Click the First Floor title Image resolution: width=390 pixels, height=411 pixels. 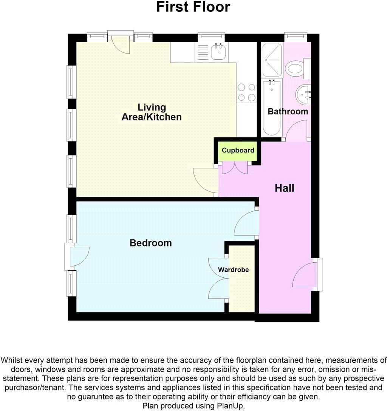point(193,7)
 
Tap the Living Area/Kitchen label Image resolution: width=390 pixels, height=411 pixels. point(152,112)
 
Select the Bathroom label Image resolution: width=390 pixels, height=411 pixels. point(288,111)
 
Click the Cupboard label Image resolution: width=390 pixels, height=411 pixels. point(238,150)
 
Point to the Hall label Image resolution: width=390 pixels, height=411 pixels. point(284,188)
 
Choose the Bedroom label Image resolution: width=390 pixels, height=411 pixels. point(150,243)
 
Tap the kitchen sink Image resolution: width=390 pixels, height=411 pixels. point(218,52)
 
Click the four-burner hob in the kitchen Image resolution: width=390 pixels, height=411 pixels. point(246,92)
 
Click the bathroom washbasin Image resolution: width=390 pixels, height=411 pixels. point(304,94)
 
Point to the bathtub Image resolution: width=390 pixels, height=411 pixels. point(272,108)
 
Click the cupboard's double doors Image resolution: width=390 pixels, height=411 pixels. point(235,168)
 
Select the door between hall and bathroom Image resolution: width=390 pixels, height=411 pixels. point(296,131)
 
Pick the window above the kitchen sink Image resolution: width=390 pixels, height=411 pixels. point(212,37)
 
